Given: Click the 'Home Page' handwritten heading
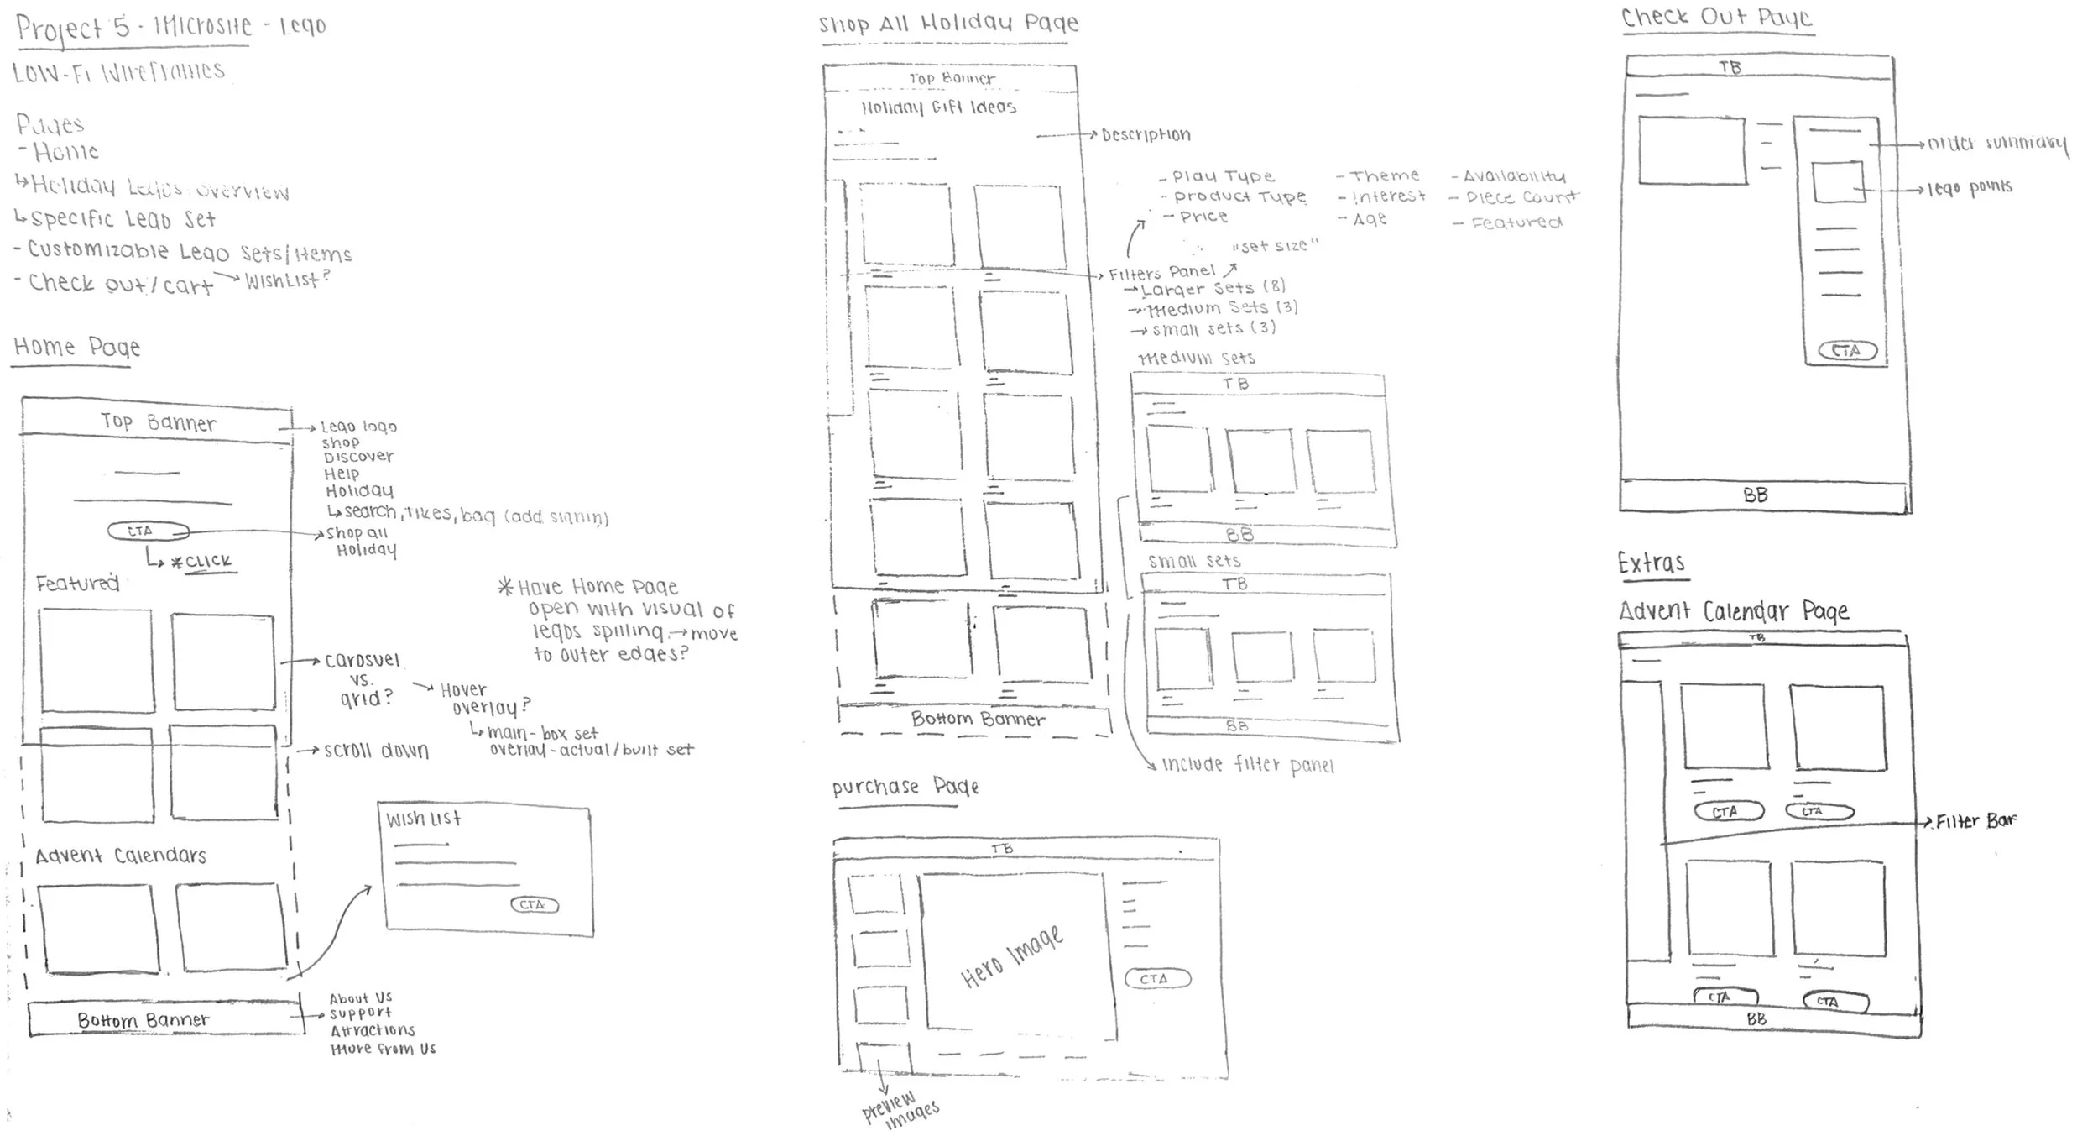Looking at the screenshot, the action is pyautogui.click(x=77, y=347).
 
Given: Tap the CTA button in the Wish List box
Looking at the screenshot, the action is pyautogui.click(x=534, y=904).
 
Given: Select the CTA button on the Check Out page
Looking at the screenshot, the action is pyautogui.click(x=1846, y=350).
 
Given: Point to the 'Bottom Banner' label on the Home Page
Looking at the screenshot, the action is pyautogui.click(x=144, y=1020).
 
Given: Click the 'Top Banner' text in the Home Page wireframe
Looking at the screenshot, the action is pyautogui.click(x=158, y=422).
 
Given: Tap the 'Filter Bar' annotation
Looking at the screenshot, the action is pyautogui.click(x=1975, y=821).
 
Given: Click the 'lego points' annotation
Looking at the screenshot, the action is pyautogui.click(x=1969, y=187).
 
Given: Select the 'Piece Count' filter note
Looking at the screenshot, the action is pyautogui.click(x=1521, y=198).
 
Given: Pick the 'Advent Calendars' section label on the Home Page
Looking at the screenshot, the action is pyautogui.click(x=121, y=856).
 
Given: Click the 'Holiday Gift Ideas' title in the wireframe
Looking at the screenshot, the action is pyautogui.click(x=938, y=107).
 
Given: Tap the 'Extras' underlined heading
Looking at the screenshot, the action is pyautogui.click(x=1651, y=563).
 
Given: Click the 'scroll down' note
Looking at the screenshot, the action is pyautogui.click(x=376, y=751).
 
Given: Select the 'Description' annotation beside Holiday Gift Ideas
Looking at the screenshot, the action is pyautogui.click(x=1146, y=135).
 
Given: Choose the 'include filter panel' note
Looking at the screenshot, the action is pyautogui.click(x=1247, y=765).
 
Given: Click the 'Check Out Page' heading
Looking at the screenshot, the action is pyautogui.click(x=1716, y=18).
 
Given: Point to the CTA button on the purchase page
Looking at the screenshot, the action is pyautogui.click(x=1156, y=978).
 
